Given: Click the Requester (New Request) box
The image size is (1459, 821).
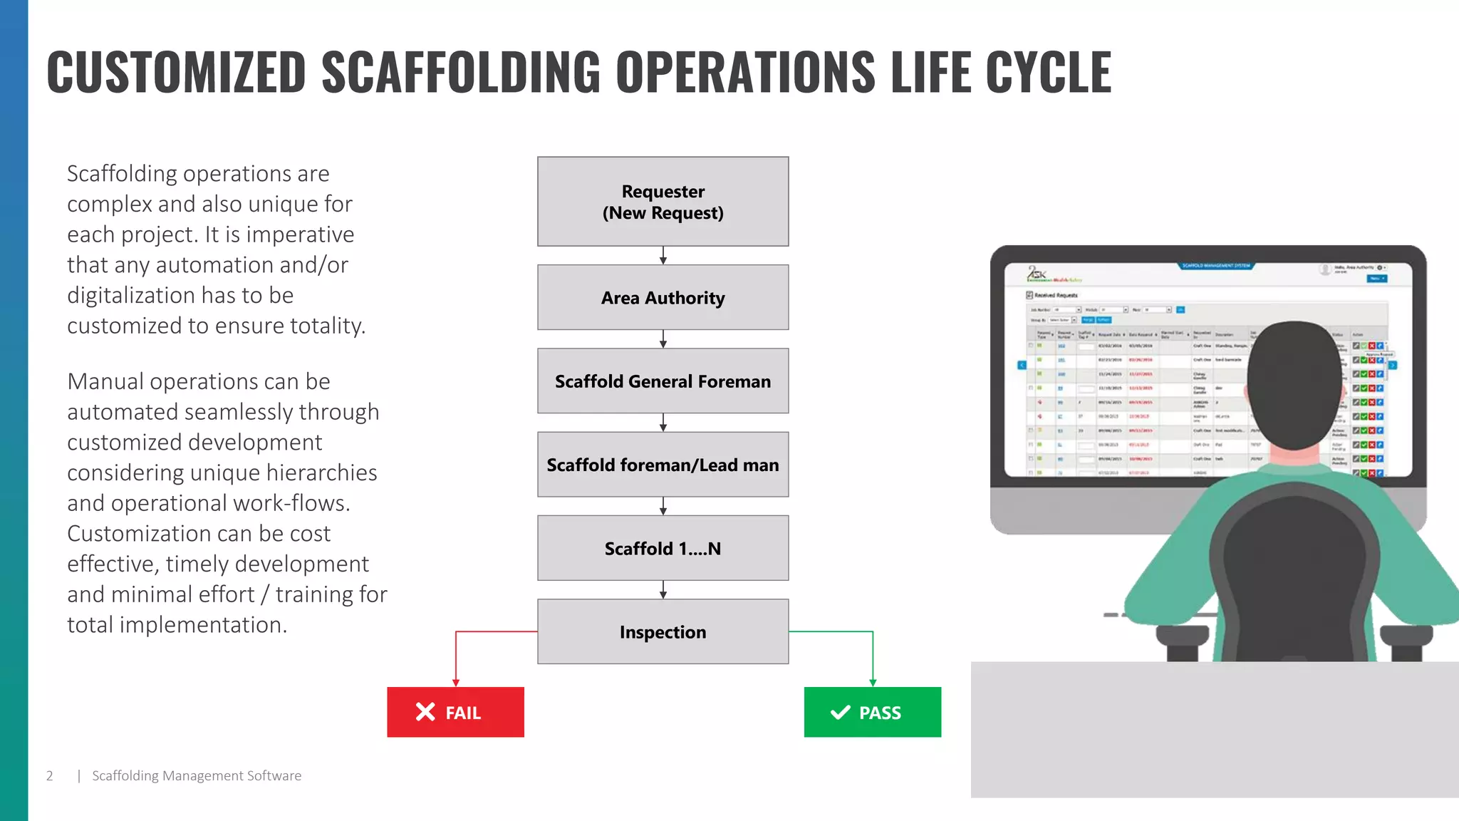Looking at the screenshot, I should coord(663,202).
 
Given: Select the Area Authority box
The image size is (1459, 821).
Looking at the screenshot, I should coord(663,297).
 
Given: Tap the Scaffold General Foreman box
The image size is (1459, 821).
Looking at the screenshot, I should coord(663,381).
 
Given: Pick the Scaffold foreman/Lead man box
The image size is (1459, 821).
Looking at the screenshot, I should coord(663,465).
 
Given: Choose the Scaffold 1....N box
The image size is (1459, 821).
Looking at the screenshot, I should coord(663,548).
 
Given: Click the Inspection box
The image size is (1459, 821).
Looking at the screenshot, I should coord(663,631).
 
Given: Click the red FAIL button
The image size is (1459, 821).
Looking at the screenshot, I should coord(455,712).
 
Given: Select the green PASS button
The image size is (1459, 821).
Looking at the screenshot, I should coord(872,712).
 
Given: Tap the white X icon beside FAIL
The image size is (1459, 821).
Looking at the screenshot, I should coord(425,712).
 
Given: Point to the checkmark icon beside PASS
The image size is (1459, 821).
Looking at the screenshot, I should coord(841,712).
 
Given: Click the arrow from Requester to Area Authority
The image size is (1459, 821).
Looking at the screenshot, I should coord(663,256).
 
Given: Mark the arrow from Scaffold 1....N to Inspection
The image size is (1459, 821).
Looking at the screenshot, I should coord(663,590).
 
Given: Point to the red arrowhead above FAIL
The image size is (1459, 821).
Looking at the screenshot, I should coord(456,682).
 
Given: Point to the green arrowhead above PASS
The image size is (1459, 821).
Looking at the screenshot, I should coord(873,682).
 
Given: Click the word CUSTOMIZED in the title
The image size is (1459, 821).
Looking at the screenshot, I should coord(176,72).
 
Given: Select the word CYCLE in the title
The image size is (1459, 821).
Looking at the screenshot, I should coord(1048,72).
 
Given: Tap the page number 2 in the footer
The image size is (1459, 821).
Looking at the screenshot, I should coord(50,775).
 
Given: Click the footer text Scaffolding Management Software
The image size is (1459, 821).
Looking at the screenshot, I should coord(197,775).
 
